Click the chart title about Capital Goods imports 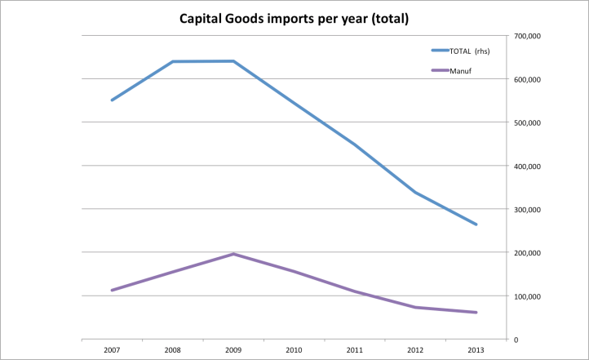[294, 17]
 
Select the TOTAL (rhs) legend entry [466, 51]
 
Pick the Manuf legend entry [460, 71]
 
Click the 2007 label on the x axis [112, 350]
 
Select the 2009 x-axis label [233, 350]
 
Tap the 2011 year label [354, 350]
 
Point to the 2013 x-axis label [476, 350]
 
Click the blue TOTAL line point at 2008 [173, 61]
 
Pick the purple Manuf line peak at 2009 [233, 254]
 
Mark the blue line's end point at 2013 [476, 224]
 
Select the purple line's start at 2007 [112, 290]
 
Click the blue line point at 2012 [415, 193]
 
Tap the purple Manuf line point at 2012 [415, 307]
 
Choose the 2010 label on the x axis [294, 350]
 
